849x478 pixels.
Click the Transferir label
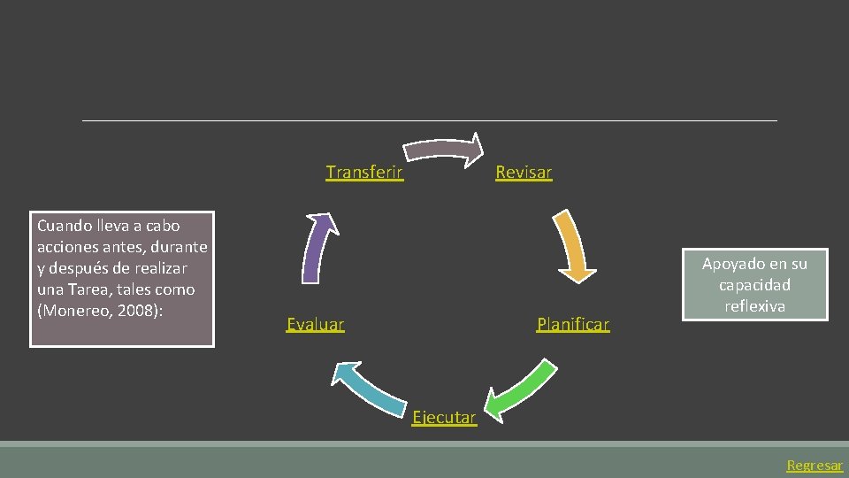tap(364, 173)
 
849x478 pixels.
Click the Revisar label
tap(524, 173)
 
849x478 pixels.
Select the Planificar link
tap(573, 325)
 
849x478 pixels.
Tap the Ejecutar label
tap(444, 418)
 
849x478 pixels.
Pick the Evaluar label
tap(316, 325)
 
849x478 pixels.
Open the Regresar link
tap(815, 466)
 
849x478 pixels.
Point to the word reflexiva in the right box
tap(754, 306)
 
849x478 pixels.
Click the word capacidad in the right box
tap(754, 285)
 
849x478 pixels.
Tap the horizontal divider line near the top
tap(430, 120)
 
